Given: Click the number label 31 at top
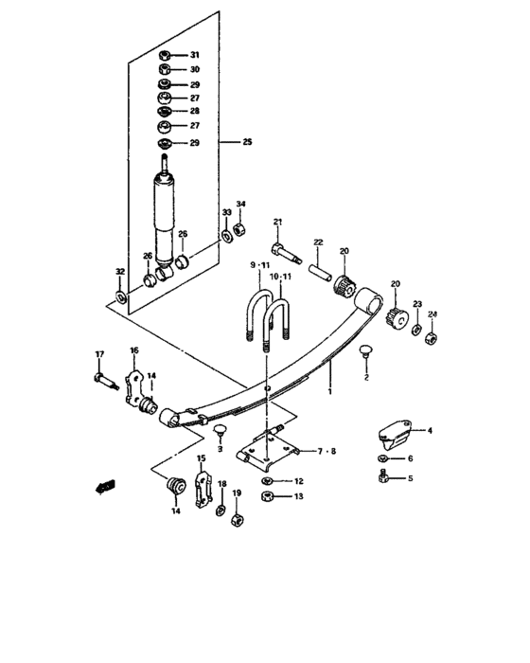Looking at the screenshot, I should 195,55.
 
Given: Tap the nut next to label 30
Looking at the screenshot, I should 165,69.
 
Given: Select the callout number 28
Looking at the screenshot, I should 195,112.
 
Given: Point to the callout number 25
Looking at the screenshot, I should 247,142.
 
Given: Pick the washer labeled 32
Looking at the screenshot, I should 122,299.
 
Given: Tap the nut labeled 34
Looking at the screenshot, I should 240,230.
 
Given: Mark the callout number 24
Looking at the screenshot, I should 433,314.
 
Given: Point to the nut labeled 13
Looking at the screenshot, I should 269,496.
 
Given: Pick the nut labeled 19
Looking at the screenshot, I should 238,518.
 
